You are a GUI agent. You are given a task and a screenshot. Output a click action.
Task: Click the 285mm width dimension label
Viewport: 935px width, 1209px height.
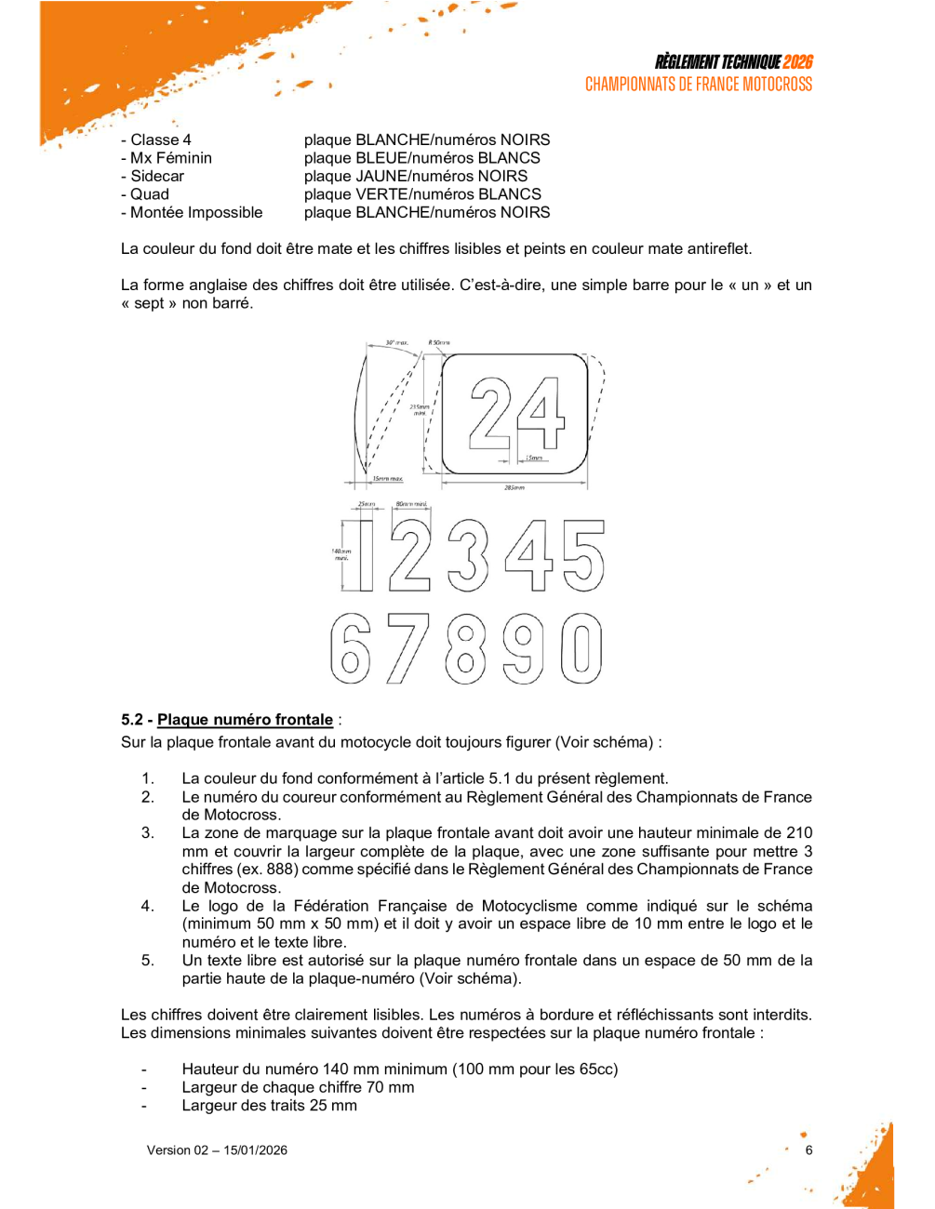pyautogui.click(x=514, y=487)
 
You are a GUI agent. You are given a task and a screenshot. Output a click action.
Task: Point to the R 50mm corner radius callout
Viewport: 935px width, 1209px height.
pyautogui.click(x=439, y=343)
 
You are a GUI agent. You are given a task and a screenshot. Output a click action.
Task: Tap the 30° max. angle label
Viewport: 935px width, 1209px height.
pyautogui.click(x=397, y=343)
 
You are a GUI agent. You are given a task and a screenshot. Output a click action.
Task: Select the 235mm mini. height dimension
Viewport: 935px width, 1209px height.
pyautogui.click(x=420, y=409)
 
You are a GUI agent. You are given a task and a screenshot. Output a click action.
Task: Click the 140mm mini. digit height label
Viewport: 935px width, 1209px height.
pyautogui.click(x=341, y=554)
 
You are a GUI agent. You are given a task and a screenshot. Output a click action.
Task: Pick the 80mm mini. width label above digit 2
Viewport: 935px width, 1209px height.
pyautogui.click(x=411, y=505)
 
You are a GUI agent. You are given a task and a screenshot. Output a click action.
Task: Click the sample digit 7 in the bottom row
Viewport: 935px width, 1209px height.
pyautogui.click(x=408, y=648)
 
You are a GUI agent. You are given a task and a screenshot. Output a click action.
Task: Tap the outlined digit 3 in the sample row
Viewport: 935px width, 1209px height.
pyautogui.click(x=468, y=555)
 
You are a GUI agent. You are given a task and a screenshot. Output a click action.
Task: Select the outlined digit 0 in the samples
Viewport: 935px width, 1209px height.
pyautogui.click(x=581, y=648)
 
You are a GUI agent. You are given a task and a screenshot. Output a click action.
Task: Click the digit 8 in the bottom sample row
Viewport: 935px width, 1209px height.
pyautogui.click(x=466, y=648)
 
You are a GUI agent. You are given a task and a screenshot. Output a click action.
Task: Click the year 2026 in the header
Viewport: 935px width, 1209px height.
pyautogui.click(x=798, y=62)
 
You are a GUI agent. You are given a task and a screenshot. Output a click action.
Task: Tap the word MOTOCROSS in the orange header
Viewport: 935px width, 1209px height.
pyautogui.click(x=777, y=85)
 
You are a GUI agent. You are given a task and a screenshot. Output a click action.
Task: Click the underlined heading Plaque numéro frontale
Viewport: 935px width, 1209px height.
pyautogui.click(x=245, y=720)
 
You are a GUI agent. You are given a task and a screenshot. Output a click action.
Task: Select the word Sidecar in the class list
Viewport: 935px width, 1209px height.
pyautogui.click(x=157, y=176)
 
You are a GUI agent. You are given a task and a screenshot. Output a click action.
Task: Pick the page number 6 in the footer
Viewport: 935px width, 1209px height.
pyautogui.click(x=809, y=1150)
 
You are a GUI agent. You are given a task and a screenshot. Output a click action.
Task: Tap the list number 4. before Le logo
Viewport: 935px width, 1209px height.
pyautogui.click(x=148, y=906)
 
